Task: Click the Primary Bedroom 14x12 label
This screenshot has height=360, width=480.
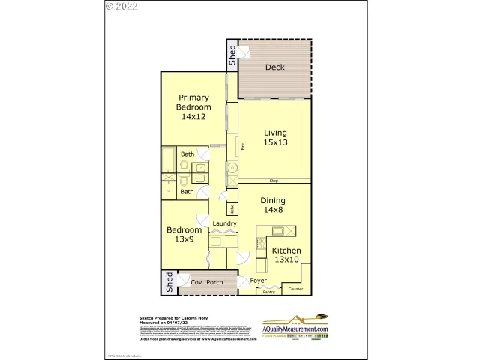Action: pyautogui.click(x=191, y=106)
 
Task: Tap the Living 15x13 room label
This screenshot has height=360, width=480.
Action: pyautogui.click(x=275, y=138)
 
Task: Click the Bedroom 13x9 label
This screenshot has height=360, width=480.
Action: pyautogui.click(x=184, y=235)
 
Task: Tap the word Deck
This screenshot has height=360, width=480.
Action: pyautogui.click(x=275, y=67)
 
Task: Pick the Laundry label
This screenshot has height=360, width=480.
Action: pyautogui.click(x=224, y=223)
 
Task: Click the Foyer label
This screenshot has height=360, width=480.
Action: pyautogui.click(x=259, y=280)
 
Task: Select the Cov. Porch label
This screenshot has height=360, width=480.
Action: pyautogui.click(x=206, y=283)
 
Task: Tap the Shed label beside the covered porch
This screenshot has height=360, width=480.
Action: pyautogui.click(x=169, y=283)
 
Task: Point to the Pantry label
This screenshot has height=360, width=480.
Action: pyautogui.click(x=268, y=292)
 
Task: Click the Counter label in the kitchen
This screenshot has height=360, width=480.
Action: pyautogui.click(x=296, y=289)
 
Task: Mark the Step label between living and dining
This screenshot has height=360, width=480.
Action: pyautogui.click(x=274, y=181)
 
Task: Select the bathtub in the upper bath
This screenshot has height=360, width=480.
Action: pyautogui.click(x=169, y=160)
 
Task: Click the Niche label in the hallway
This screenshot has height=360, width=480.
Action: pyautogui.click(x=232, y=210)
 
